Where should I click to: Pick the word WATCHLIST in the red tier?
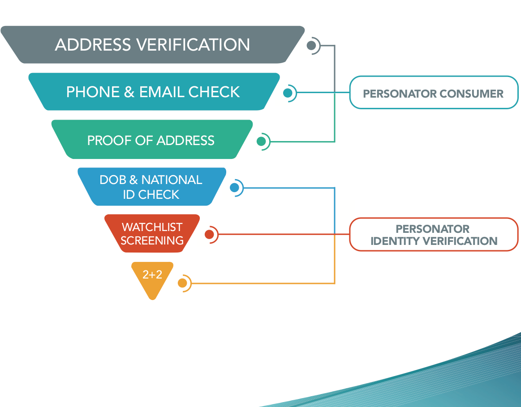[x=152, y=227]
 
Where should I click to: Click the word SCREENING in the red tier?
[x=152, y=240]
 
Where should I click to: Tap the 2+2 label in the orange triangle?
[x=152, y=274]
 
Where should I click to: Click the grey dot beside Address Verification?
[x=311, y=45]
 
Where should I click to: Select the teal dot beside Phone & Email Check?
[x=288, y=93]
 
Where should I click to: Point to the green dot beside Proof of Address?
[x=261, y=141]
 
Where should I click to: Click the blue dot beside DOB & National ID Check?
[x=234, y=188]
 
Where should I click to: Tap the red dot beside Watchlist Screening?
[x=209, y=234]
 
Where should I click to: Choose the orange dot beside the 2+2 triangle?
[x=182, y=283]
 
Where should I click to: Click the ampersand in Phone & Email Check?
[x=129, y=92]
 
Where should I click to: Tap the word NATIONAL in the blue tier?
[x=172, y=180]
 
